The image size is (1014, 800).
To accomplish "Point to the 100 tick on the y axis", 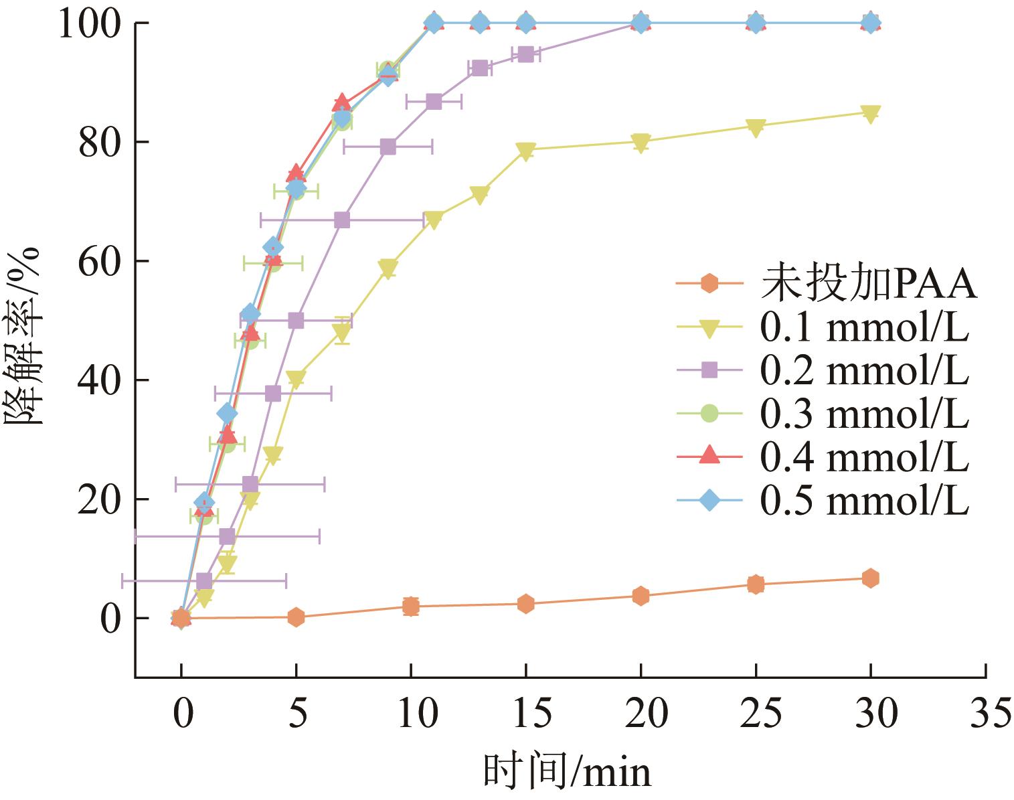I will tap(90, 24).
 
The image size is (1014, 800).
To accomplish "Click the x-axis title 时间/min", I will tap(566, 772).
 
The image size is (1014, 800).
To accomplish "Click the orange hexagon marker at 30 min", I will tap(870, 578).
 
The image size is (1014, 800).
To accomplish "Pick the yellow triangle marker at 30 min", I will tap(870, 113).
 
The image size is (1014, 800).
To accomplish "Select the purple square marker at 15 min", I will tap(526, 54).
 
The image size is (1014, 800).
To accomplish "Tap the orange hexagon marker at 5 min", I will tap(296, 617).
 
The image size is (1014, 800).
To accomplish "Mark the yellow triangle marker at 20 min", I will tap(641, 143).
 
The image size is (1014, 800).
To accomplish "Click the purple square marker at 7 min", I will tap(342, 220).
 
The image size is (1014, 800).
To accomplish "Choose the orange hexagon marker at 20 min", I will tap(641, 596).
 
